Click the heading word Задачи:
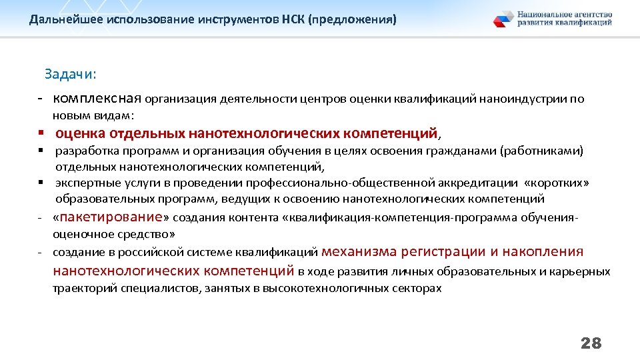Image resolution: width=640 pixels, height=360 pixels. point(70,74)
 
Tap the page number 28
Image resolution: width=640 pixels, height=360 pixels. point(591,343)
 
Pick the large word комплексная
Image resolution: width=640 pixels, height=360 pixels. point(97,99)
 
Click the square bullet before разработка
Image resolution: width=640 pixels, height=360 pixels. point(41,151)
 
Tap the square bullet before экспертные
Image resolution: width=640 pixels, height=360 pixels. point(41,182)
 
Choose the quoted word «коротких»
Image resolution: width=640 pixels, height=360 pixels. point(557,183)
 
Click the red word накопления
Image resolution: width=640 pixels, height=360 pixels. point(543,252)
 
